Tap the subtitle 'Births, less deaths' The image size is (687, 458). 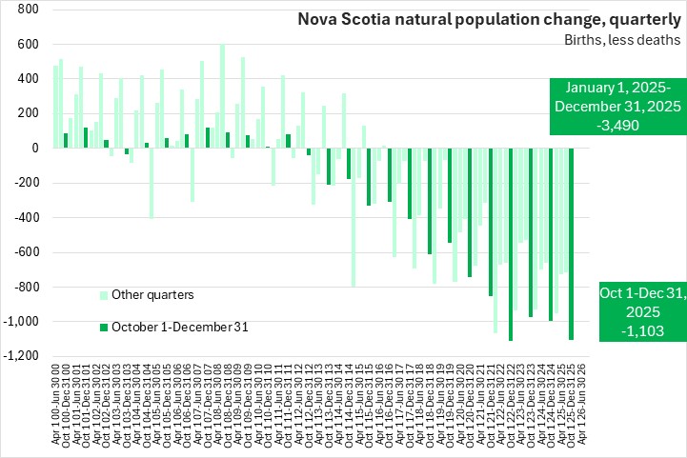pos(620,40)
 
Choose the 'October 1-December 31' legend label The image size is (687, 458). pos(180,327)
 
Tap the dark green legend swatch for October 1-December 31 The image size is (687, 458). pos(104,327)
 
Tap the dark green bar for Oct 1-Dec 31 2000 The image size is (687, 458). pos(66,141)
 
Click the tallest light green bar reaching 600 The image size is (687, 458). pos(222,96)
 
